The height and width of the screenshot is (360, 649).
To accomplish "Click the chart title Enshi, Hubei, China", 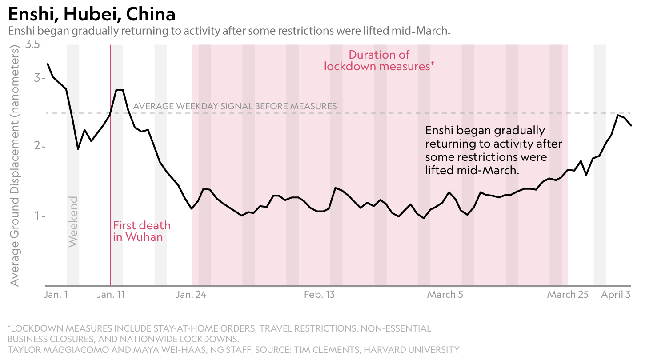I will [92, 15].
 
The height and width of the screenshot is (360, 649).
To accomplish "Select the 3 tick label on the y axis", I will [37, 78].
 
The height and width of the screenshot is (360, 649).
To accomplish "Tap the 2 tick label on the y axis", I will [37, 146].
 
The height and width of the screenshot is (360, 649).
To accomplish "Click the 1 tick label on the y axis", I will [37, 216].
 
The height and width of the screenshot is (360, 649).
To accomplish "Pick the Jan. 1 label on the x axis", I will [56, 295].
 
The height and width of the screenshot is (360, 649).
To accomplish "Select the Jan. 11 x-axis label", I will [111, 295].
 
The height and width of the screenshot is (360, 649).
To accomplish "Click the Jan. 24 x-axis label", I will [192, 295].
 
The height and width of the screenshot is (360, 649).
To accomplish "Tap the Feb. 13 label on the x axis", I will [319, 295].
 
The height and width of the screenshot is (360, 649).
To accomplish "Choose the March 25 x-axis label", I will [568, 295].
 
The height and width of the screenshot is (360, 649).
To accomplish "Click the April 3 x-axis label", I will [616, 295].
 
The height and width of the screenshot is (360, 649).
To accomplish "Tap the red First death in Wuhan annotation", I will [141, 231].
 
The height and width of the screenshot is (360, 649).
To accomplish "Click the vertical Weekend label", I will [73, 221].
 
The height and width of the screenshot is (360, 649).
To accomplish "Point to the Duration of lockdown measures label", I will [379, 60].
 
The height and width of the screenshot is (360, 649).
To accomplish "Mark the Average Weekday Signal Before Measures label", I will [235, 106].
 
